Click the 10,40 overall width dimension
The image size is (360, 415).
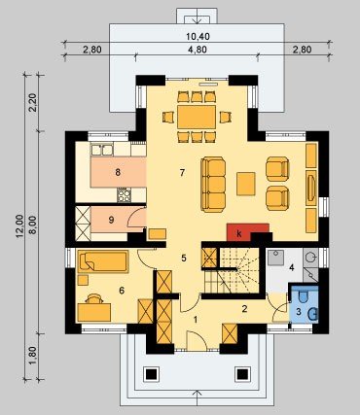[x=198, y=36]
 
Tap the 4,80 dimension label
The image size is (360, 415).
[x=198, y=50]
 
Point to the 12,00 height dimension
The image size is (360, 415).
[x=19, y=226]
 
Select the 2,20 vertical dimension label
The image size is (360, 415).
[x=33, y=103]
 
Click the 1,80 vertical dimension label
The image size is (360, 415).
[x=33, y=356]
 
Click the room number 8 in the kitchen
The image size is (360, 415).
[x=118, y=172]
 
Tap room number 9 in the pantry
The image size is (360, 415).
[x=111, y=220]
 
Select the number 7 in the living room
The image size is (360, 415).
[x=182, y=173]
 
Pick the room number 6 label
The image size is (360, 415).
[x=122, y=291]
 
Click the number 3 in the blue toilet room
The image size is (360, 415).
[x=299, y=312]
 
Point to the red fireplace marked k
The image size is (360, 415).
[x=248, y=232]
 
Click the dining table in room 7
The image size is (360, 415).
[x=197, y=117]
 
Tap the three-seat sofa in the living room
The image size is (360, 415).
[x=213, y=185]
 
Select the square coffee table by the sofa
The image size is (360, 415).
[x=246, y=184]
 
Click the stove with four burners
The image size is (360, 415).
[x=125, y=195]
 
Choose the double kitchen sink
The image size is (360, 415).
[x=102, y=150]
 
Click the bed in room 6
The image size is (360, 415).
[x=103, y=261]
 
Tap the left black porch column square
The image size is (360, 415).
[x=152, y=374]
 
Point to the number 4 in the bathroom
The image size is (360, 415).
[x=292, y=267]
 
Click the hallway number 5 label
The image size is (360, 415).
[x=184, y=259]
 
